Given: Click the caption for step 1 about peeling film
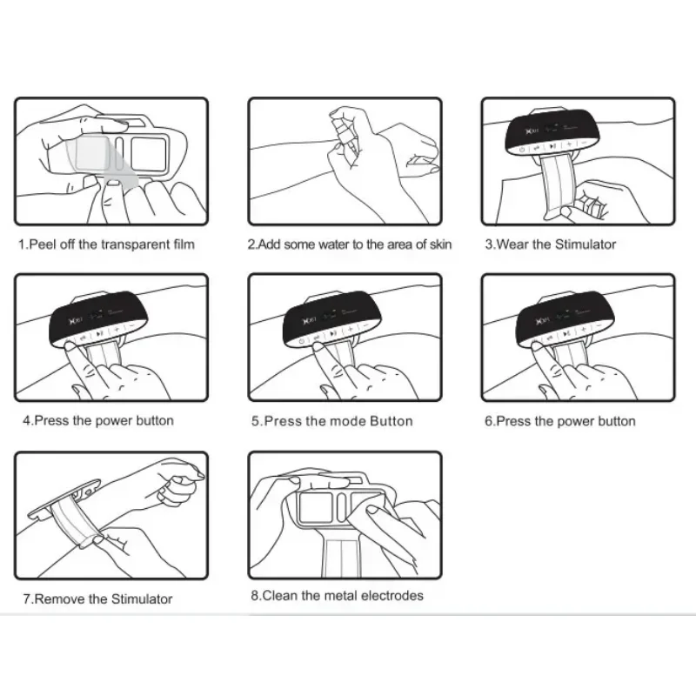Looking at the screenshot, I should click(106, 244).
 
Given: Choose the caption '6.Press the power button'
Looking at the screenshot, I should click(559, 421).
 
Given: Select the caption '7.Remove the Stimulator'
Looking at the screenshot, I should click(97, 599).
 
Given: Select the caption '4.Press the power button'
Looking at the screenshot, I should click(97, 421).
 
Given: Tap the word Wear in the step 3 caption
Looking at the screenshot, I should click(512, 244).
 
